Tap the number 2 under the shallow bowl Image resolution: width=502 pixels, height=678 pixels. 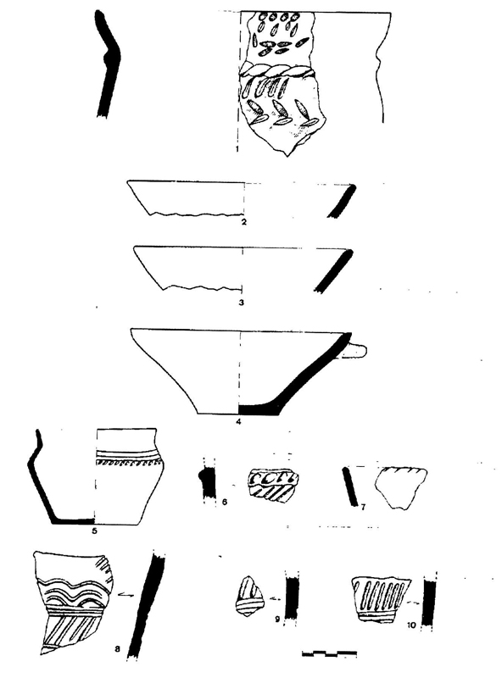pos(243,222)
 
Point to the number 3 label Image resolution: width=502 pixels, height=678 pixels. pos(242,303)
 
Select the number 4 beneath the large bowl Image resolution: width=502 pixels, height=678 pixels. pos(238,421)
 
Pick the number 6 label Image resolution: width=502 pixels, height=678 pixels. pos(224,502)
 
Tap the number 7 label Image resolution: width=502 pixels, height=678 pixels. pos(363,507)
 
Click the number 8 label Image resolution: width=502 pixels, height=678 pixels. pos(118,648)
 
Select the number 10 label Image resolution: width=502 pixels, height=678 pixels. pos(411,625)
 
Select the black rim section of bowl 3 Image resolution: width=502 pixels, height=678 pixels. pos(334,271)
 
